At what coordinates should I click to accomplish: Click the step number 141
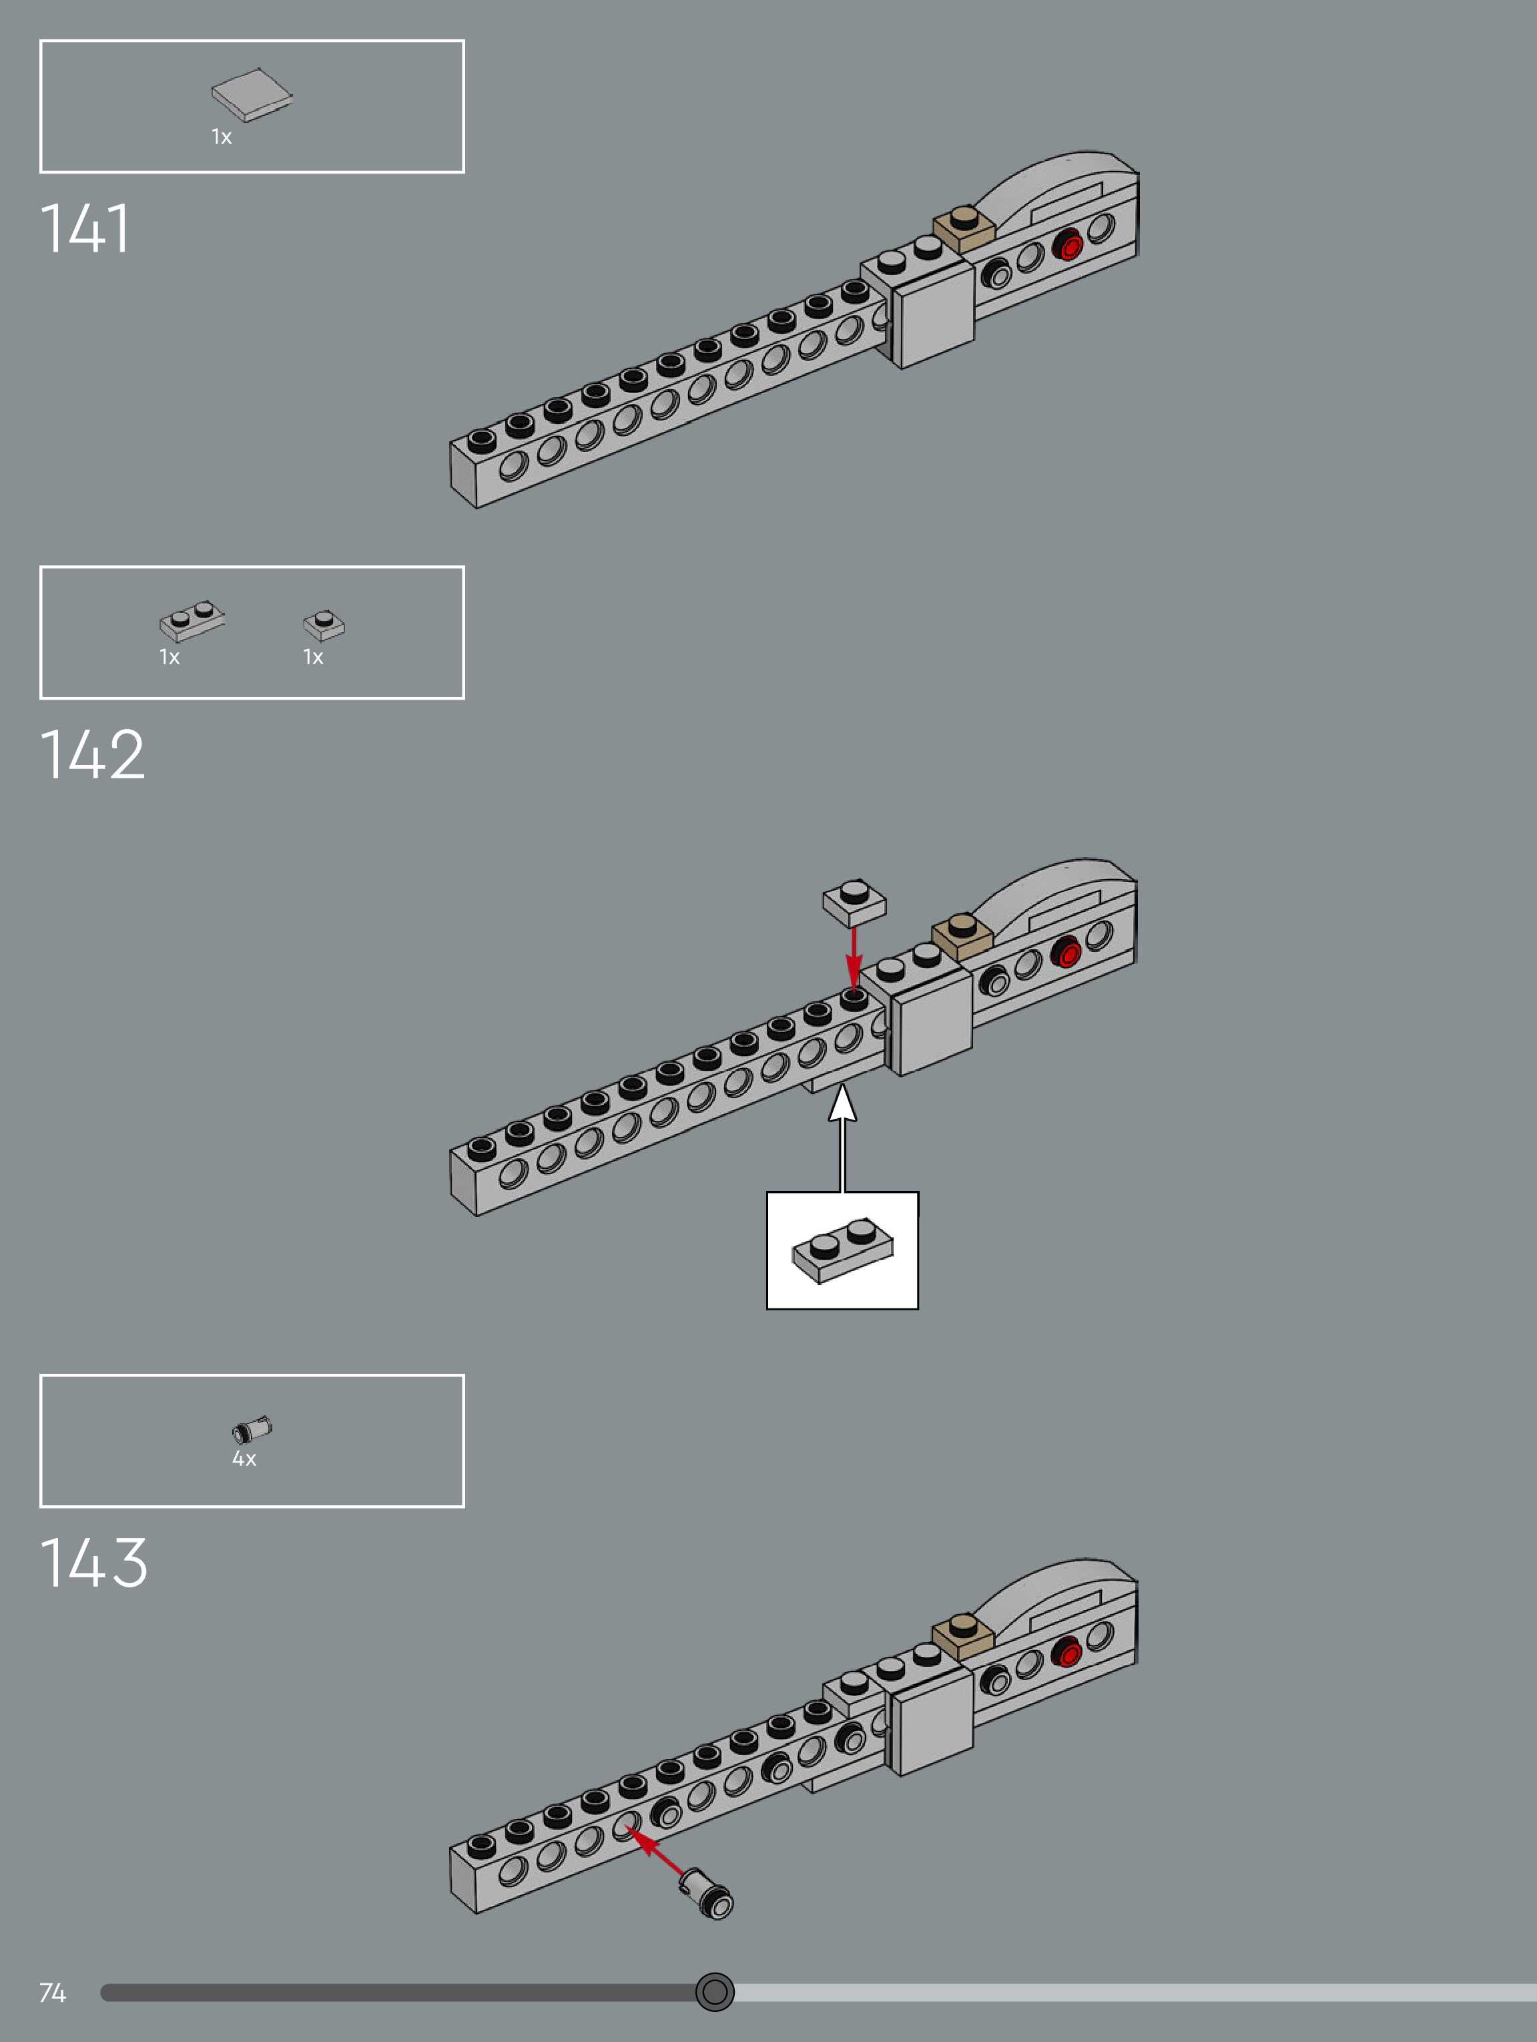tap(85, 228)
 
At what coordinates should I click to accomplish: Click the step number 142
tap(92, 754)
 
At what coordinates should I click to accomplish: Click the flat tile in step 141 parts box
tap(251, 95)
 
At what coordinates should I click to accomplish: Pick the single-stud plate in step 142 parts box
tap(324, 624)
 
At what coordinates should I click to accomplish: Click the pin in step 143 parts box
tap(252, 1429)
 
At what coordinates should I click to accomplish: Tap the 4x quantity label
tap(244, 1459)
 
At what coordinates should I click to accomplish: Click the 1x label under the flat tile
tap(222, 138)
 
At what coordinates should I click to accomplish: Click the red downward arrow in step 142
tap(854, 960)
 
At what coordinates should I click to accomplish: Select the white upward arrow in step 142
tap(842, 1135)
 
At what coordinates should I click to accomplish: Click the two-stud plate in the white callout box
tap(842, 1251)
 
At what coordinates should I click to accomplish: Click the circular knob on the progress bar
tap(715, 1992)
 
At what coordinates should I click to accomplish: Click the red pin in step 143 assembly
tap(1066, 1652)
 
